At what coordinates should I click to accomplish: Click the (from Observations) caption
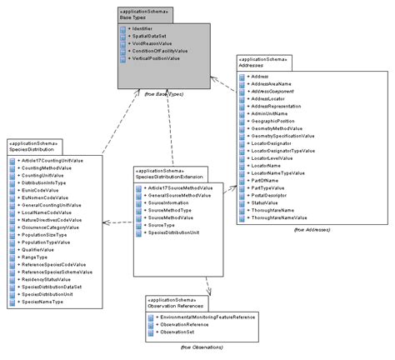[199, 347]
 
